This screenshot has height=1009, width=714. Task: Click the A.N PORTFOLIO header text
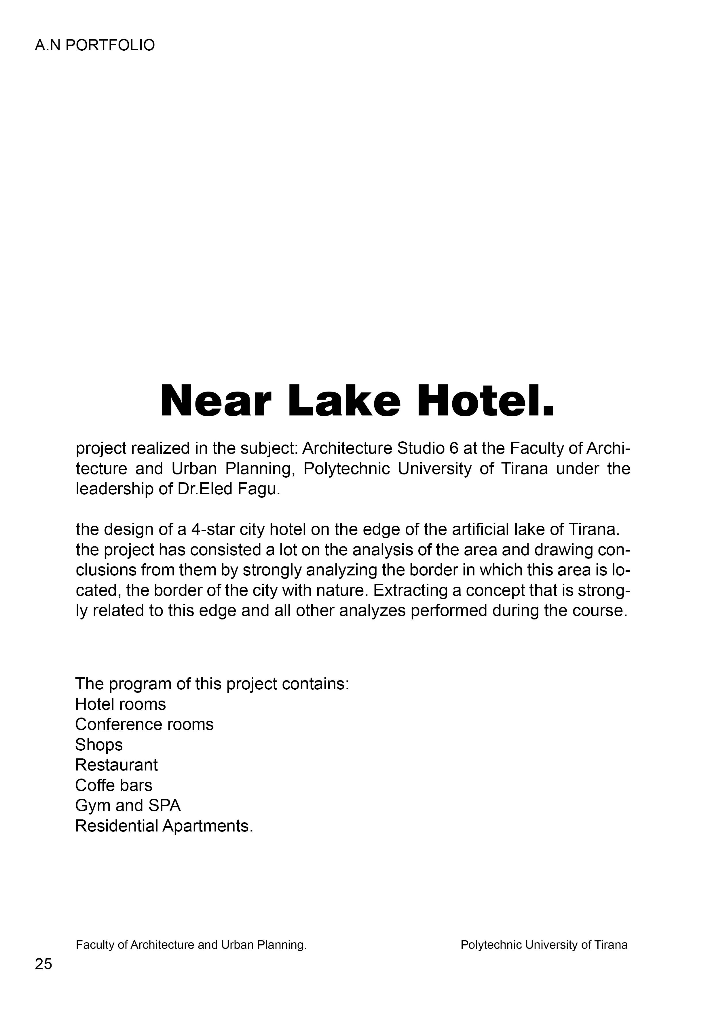click(94, 45)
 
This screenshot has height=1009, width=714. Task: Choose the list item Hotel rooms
click(120, 704)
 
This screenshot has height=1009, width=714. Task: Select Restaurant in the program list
click(116, 765)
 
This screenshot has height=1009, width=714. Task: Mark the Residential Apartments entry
click(164, 826)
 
